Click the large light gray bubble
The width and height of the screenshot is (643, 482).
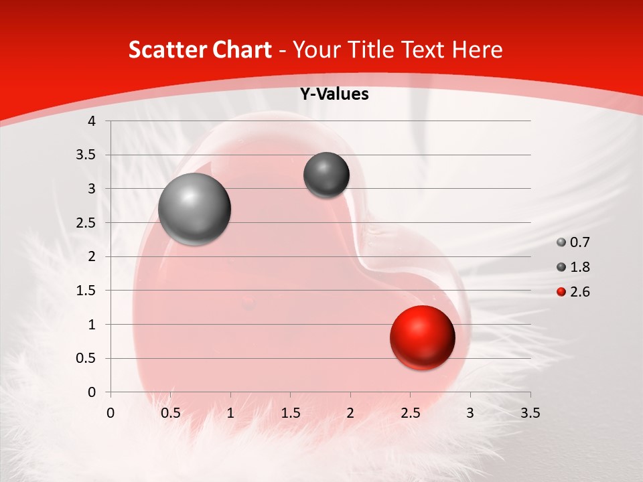coord(195,209)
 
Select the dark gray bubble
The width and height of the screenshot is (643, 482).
coord(326,175)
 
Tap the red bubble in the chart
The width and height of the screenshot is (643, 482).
coord(423,338)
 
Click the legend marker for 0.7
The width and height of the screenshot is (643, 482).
coord(561,242)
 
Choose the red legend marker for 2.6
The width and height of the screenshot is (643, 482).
coord(561,292)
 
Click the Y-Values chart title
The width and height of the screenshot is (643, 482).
coord(334,94)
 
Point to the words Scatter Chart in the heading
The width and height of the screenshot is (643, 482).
coord(200,50)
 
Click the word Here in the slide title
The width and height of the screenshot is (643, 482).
coord(477,50)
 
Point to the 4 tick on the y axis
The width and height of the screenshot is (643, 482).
coord(92,121)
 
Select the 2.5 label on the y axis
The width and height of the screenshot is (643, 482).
coord(86,223)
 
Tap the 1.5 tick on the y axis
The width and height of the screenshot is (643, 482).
coord(86,291)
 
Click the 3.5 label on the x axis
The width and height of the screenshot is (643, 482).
coord(530,413)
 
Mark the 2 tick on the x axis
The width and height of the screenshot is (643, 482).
coord(350,413)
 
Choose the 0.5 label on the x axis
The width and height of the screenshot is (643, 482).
coord(171,413)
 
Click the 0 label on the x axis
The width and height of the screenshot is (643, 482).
coord(111,413)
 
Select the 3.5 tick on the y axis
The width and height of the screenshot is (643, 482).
coord(86,155)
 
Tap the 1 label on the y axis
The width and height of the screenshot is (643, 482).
coord(92,325)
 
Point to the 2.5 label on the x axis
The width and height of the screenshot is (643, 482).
coord(410,413)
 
